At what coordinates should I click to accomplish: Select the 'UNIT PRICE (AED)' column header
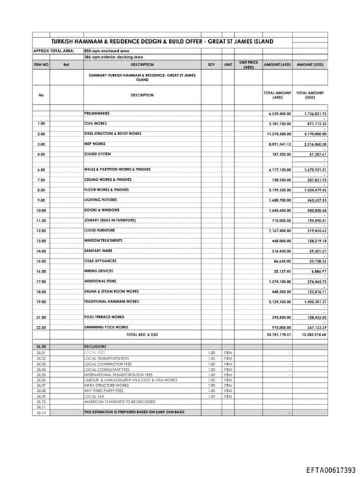pyautogui.click(x=248, y=64)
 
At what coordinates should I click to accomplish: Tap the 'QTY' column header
pyautogui.click(x=211, y=64)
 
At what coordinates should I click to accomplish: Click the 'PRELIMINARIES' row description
pyautogui.click(x=97, y=113)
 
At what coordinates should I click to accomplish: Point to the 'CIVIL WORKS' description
pyautogui.click(x=96, y=123)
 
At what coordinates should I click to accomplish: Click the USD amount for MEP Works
pyautogui.click(x=311, y=144)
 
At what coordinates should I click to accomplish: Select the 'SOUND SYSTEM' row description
pyautogui.click(x=97, y=153)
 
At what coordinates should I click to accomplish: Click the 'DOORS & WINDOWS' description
pyautogui.click(x=102, y=210)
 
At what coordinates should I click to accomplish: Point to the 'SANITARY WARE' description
pyautogui.click(x=98, y=250)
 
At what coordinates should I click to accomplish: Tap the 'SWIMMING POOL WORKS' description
pyautogui.click(x=106, y=326)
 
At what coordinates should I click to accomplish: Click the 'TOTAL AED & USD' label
pyautogui.click(x=142, y=334)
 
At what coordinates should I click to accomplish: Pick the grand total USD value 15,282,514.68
pyautogui.click(x=310, y=334)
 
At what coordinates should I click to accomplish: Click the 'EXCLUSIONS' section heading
pyautogui.click(x=95, y=347)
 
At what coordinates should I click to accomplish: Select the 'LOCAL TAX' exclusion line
pyautogui.click(x=95, y=396)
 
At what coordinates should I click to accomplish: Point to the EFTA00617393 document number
pyautogui.click(x=330, y=470)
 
